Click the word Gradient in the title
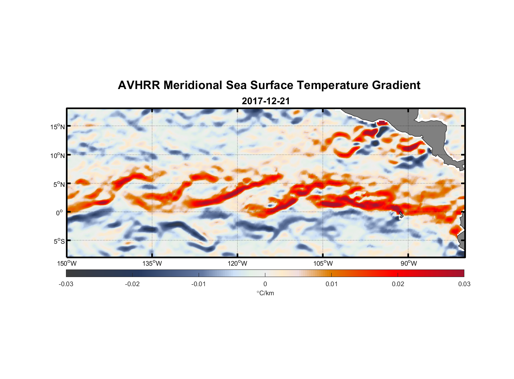pyautogui.click(x=396, y=85)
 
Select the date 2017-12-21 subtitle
pyautogui.click(x=266, y=101)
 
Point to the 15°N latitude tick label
pyautogui.click(x=58, y=127)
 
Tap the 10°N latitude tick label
pyautogui.click(x=58, y=155)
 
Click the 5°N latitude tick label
pyautogui.click(x=59, y=184)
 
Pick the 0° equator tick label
pyautogui.click(x=60, y=213)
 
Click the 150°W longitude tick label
pyautogui.click(x=67, y=263)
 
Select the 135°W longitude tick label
pyautogui.click(x=152, y=263)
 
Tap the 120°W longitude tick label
pyautogui.click(x=238, y=263)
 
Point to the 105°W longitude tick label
pyautogui.click(x=323, y=263)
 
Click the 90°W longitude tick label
pyautogui.click(x=409, y=263)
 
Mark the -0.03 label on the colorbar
pyautogui.click(x=66, y=284)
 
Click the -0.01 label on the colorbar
pyautogui.click(x=199, y=284)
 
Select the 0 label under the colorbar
pyautogui.click(x=265, y=284)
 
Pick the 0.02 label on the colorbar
pyautogui.click(x=398, y=284)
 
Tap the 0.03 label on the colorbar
pyautogui.click(x=464, y=284)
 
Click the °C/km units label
pyautogui.click(x=265, y=293)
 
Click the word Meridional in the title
pyautogui.click(x=193, y=85)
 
